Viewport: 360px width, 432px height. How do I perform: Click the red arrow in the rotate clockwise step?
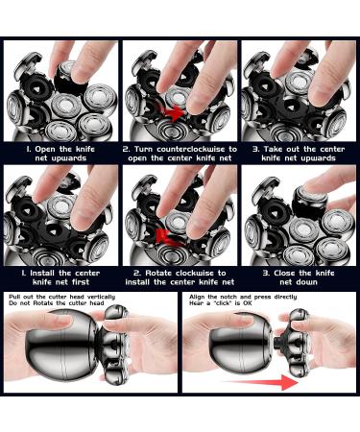[167, 237]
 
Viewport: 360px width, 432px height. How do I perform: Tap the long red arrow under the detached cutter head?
[261, 382]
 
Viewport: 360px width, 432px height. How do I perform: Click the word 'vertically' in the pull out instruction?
[101, 297]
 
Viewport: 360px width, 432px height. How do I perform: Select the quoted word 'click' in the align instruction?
[220, 302]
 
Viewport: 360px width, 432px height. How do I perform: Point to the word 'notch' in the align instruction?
[228, 297]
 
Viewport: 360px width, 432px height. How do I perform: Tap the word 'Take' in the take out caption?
[272, 149]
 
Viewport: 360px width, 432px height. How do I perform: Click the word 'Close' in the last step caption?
[284, 273]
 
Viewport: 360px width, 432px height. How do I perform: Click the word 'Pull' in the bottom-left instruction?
[14, 297]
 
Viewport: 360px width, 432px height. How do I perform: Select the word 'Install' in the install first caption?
[42, 273]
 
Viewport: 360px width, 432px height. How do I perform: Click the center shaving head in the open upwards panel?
[65, 106]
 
